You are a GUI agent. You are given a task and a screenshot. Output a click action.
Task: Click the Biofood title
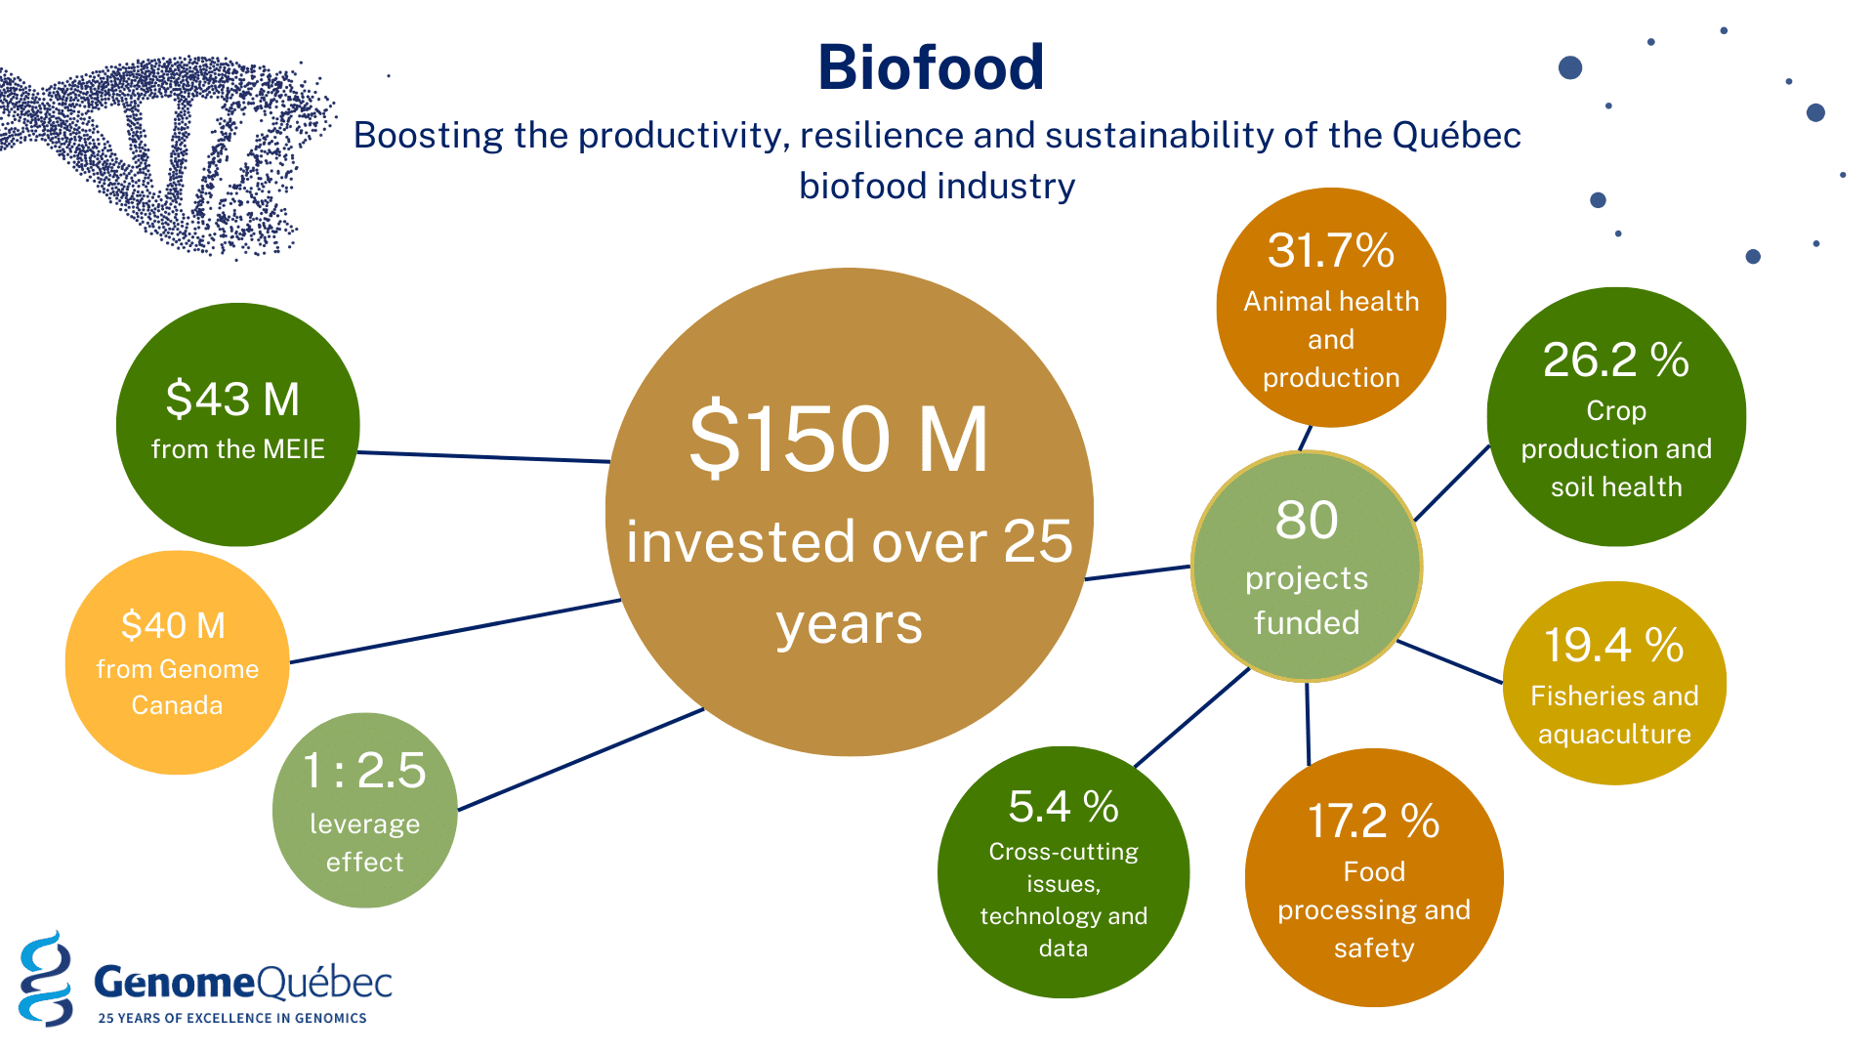click(931, 67)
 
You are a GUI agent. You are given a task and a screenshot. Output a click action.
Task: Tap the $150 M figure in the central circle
click(839, 440)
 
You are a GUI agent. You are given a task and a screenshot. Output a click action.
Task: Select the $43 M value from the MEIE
click(232, 400)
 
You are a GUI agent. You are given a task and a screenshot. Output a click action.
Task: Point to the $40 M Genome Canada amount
click(173, 625)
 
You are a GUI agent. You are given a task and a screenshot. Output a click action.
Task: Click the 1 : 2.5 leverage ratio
click(364, 770)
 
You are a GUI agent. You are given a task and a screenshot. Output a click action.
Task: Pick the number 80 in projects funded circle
click(1307, 520)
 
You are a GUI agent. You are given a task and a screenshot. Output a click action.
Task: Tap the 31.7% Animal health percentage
click(1330, 251)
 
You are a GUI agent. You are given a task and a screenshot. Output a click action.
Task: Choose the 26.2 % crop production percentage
click(1616, 360)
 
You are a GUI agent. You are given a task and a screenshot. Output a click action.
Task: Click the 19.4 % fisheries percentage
click(1614, 646)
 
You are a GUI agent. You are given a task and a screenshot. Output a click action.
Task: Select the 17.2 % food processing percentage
click(1373, 822)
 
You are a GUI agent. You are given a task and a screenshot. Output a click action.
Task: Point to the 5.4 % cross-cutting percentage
click(1063, 807)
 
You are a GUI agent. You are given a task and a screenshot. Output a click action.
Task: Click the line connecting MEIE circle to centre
click(484, 457)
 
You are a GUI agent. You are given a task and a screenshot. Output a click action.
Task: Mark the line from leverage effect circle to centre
click(581, 759)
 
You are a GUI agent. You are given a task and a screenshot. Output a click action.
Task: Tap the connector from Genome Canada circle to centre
click(456, 631)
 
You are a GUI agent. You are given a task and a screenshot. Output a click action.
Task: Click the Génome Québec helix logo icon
click(46, 978)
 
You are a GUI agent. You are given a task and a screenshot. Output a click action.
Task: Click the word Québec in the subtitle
click(1457, 136)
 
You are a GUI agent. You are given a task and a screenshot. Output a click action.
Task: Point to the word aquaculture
click(1614, 735)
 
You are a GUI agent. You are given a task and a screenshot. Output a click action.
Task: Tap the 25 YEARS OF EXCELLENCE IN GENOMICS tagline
click(232, 1018)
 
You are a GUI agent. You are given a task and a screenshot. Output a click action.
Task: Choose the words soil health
click(1616, 486)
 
